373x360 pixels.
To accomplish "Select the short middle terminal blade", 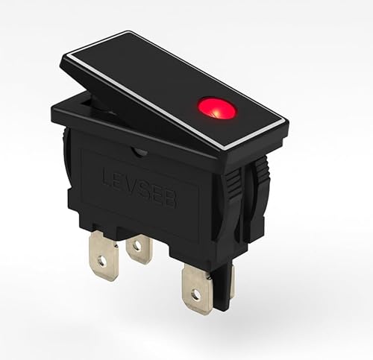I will (x=139, y=250).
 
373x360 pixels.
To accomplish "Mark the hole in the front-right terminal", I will (x=195, y=296).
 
